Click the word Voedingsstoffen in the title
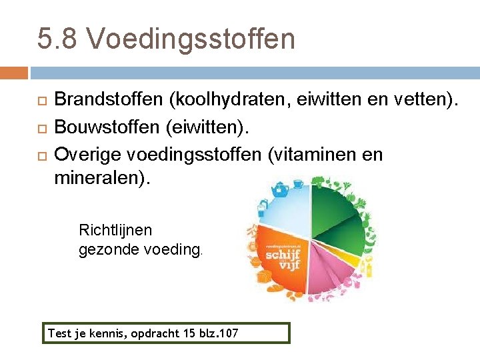coord(191,39)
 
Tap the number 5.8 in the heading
coord(59,39)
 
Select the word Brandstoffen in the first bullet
coord(109,100)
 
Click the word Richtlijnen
coord(115,230)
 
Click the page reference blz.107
coord(219,333)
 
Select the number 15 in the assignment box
coord(187,333)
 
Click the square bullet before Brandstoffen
coord(41,101)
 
